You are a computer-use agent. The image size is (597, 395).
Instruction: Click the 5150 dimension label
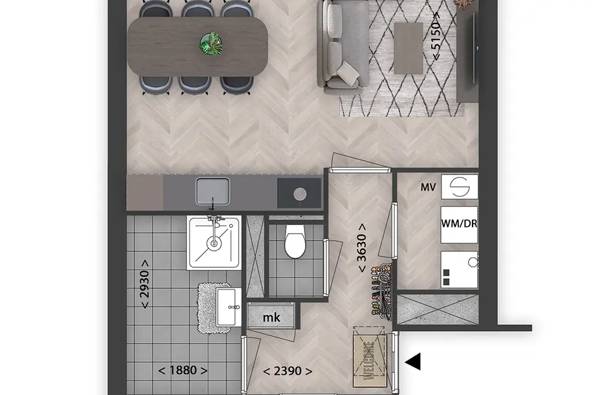click(x=436, y=36)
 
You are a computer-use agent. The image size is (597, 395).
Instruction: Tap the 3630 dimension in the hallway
click(x=361, y=248)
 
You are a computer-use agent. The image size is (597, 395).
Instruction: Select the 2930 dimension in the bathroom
click(x=145, y=284)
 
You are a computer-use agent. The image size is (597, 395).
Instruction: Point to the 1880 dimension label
click(x=183, y=370)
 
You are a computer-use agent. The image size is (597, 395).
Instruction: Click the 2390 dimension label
click(x=287, y=370)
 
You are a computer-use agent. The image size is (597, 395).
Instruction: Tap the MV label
click(x=428, y=187)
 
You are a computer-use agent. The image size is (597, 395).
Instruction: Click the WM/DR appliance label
click(x=459, y=224)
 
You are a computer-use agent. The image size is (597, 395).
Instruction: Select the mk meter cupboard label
click(x=272, y=317)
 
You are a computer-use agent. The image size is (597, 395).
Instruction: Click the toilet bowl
click(x=295, y=241)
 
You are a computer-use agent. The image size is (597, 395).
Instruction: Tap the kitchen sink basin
click(x=213, y=191)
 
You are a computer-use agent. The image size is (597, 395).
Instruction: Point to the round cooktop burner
click(x=300, y=194)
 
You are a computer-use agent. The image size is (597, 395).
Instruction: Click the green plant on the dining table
click(x=211, y=44)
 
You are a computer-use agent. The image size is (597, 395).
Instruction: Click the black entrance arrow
click(x=413, y=361)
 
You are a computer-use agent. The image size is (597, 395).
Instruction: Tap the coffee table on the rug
click(x=409, y=48)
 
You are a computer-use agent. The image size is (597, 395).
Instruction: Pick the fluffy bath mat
click(x=212, y=308)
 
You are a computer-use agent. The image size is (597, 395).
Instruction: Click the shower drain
click(x=214, y=243)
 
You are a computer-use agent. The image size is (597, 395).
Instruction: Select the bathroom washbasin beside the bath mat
click(x=229, y=307)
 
